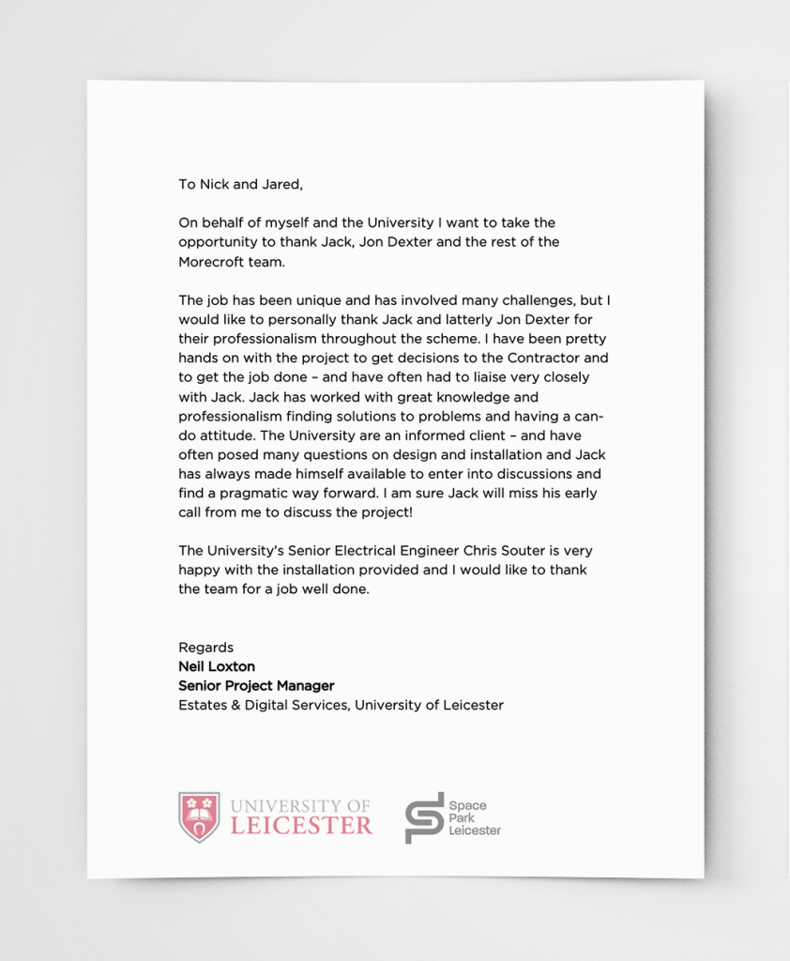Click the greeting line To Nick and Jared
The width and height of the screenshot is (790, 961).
coord(240,184)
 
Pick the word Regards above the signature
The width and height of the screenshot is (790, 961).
coord(205,648)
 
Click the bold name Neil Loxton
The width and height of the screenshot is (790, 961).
coord(216,666)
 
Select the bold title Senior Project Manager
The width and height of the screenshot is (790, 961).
coord(255,686)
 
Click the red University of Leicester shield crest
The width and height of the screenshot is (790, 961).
coord(199,816)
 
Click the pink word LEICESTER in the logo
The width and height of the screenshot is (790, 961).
coord(300,827)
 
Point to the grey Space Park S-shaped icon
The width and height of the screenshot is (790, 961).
coord(423,817)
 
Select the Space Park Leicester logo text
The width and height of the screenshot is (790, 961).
coord(474,818)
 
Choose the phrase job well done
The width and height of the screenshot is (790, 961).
coord(331,589)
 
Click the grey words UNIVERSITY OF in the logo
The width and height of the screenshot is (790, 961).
coord(300,806)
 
